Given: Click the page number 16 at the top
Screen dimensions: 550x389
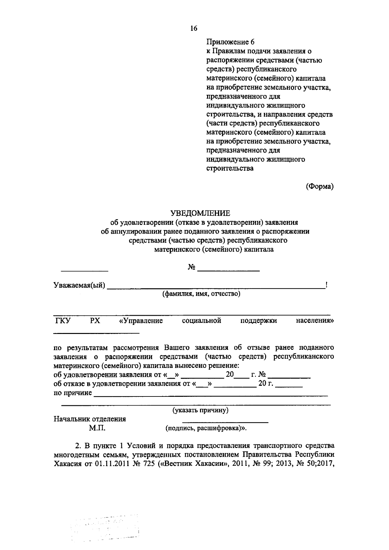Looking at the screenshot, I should [194, 29].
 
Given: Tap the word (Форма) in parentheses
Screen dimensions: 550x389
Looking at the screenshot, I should [320, 186].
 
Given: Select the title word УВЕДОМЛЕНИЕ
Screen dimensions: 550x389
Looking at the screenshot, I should [200, 213].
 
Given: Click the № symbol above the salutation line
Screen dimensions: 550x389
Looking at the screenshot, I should [191, 267].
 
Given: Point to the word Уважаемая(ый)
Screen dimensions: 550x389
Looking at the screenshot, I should [79, 285].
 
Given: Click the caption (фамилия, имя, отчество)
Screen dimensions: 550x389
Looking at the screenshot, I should [201, 294].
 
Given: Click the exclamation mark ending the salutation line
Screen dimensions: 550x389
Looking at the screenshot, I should [326, 285].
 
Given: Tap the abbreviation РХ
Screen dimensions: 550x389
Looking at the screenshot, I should [95, 321].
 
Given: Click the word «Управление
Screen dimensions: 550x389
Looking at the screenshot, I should [141, 321].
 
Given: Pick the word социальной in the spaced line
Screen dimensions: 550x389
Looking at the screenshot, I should [202, 321].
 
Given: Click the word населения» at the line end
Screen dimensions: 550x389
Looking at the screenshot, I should [315, 321].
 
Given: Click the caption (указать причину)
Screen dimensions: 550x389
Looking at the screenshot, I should [201, 410].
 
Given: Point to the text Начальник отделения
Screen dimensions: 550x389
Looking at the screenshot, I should [90, 419].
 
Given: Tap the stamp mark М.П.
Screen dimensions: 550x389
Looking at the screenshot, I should [97, 428].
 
